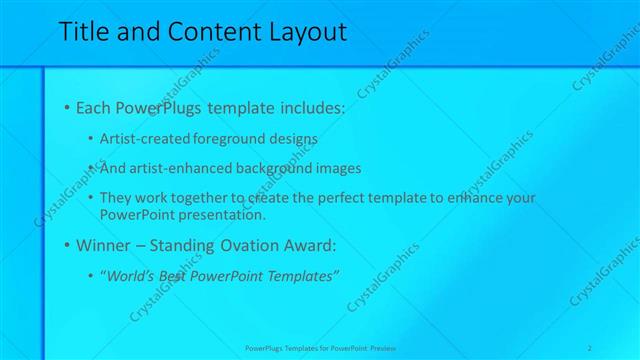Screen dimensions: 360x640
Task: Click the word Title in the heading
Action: click(83, 32)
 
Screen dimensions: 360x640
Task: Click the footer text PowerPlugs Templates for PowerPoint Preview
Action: click(320, 348)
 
